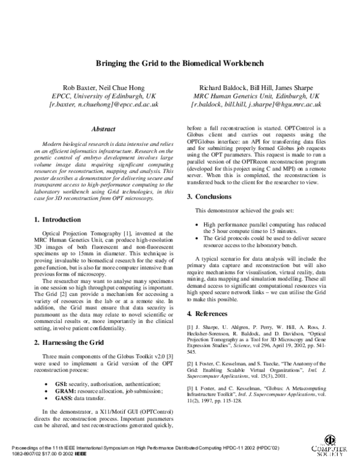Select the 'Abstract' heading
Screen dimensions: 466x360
coord(103,129)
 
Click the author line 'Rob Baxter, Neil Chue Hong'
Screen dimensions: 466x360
coord(103,87)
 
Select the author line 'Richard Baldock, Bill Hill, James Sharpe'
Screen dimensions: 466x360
coord(256,87)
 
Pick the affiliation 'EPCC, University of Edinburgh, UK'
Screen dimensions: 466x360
coord(103,95)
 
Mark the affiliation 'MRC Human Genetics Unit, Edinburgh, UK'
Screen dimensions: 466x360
coord(256,95)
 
